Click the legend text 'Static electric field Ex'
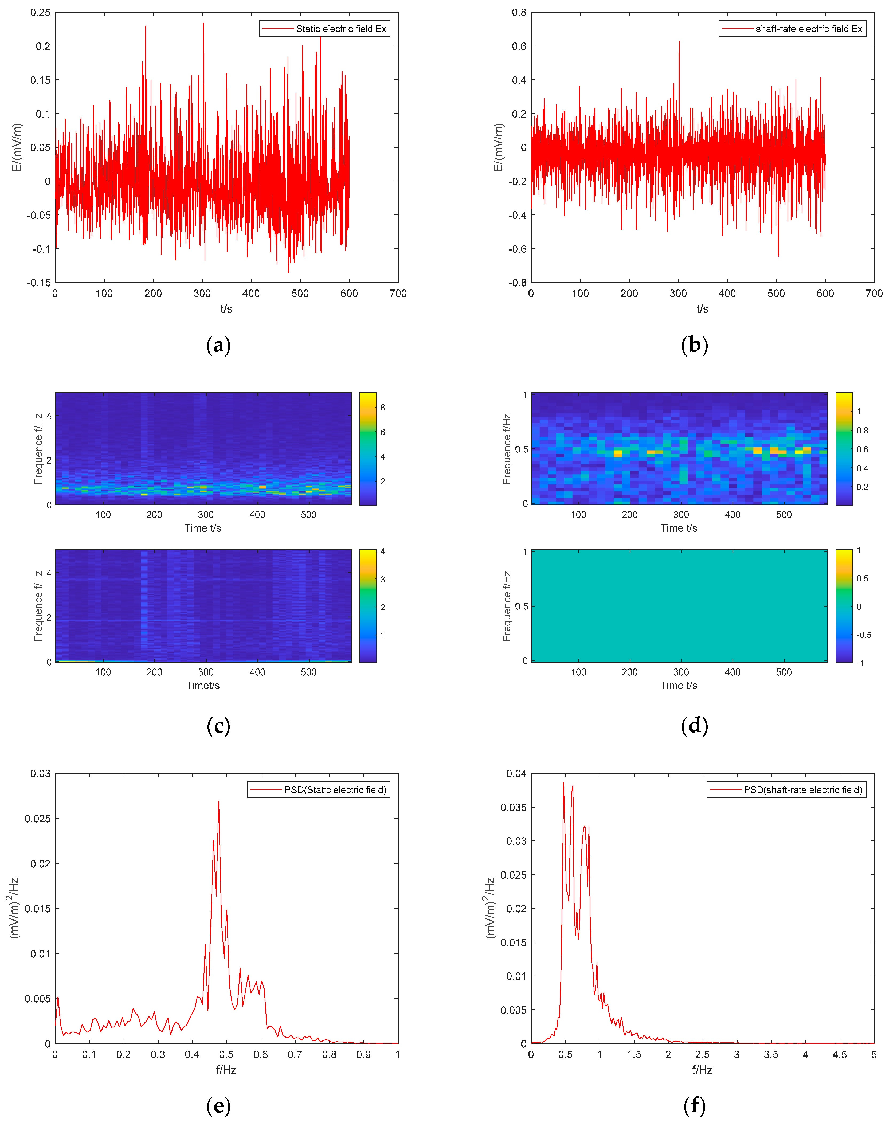[341, 29]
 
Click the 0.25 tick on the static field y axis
[41, 13]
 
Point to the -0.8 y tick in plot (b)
[517, 283]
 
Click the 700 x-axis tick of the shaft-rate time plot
[874, 294]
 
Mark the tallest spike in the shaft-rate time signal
[679, 41]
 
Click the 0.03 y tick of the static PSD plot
[41, 774]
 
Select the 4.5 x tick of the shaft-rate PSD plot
[840, 1054]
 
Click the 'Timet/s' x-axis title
[203, 685]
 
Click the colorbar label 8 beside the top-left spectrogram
[383, 408]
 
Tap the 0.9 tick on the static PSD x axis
[363, 1054]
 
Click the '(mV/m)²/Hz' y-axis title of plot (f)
[490, 908]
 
